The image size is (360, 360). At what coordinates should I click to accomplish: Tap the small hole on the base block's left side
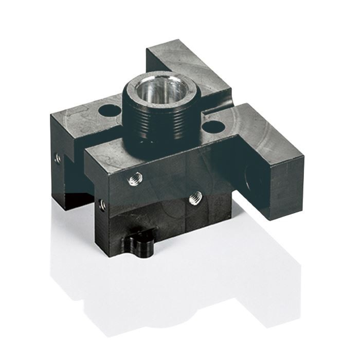102,205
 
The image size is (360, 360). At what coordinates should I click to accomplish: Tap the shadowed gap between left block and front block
82,175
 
